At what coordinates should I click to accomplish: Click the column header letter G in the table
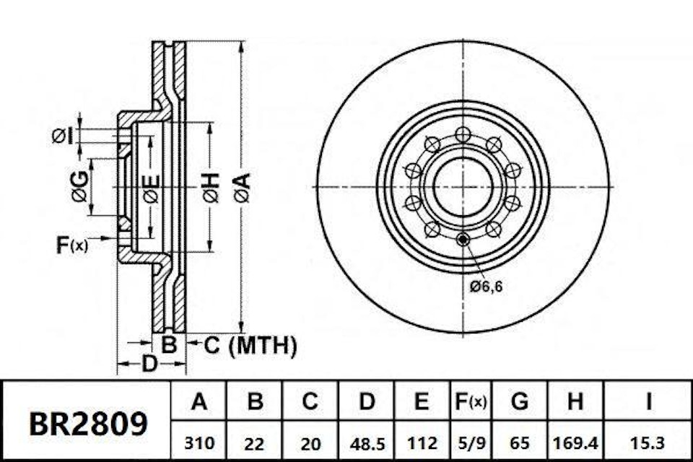point(519,401)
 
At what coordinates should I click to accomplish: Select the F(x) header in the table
point(469,401)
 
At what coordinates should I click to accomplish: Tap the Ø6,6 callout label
point(485,287)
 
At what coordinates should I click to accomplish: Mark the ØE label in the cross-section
point(150,186)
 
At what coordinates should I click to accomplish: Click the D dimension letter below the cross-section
point(149,365)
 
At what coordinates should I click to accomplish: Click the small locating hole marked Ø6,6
point(463,239)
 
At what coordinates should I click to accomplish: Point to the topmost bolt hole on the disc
point(462,134)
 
